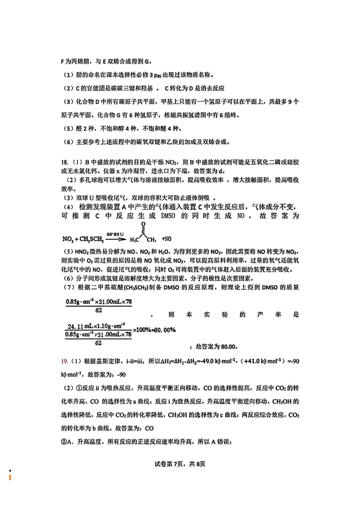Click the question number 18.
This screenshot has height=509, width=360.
[64, 162]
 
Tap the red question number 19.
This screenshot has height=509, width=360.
[64, 361]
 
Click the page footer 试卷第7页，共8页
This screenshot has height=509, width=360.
[180, 464]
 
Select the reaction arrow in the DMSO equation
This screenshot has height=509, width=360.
[116, 239]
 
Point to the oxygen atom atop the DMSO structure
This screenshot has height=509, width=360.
[143, 224]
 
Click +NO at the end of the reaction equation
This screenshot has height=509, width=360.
[167, 239]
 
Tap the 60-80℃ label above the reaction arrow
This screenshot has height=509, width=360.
[115, 234]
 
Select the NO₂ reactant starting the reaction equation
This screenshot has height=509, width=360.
[67, 239]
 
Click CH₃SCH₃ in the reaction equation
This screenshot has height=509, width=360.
[91, 239]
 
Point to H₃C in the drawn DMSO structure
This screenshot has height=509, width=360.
[134, 240]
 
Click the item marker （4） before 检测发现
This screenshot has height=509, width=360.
[69, 207]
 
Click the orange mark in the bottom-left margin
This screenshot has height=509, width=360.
[10, 477]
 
